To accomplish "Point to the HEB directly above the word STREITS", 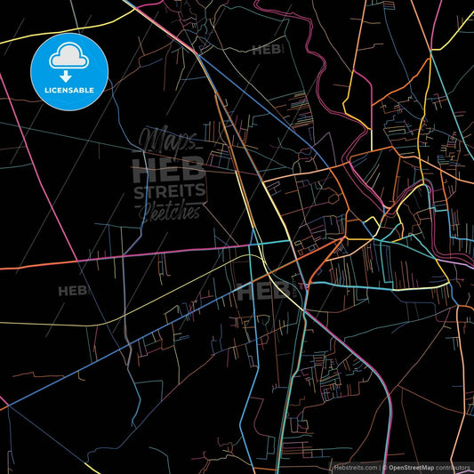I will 169,169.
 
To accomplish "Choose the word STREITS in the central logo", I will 169,190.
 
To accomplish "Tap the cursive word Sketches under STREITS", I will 169,210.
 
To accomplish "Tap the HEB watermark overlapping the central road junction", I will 265,290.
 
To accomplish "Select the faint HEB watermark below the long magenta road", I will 73,291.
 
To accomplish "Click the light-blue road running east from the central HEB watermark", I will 374,286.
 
